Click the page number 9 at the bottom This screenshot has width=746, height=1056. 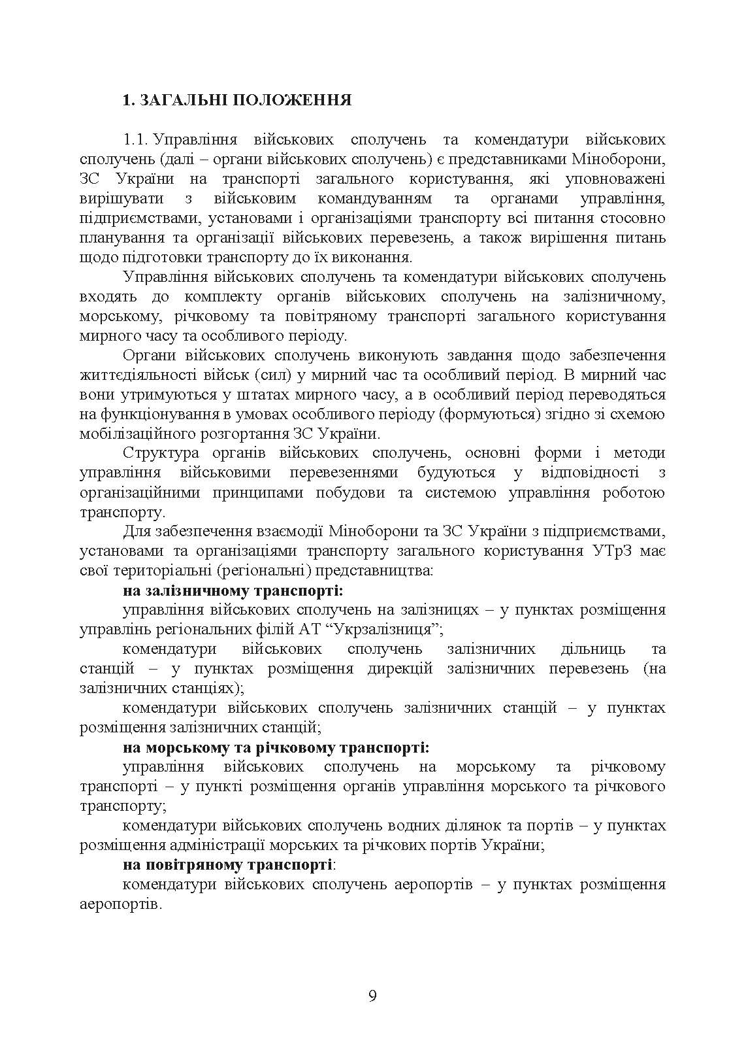(372, 996)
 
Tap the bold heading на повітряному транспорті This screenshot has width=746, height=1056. (227, 865)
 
